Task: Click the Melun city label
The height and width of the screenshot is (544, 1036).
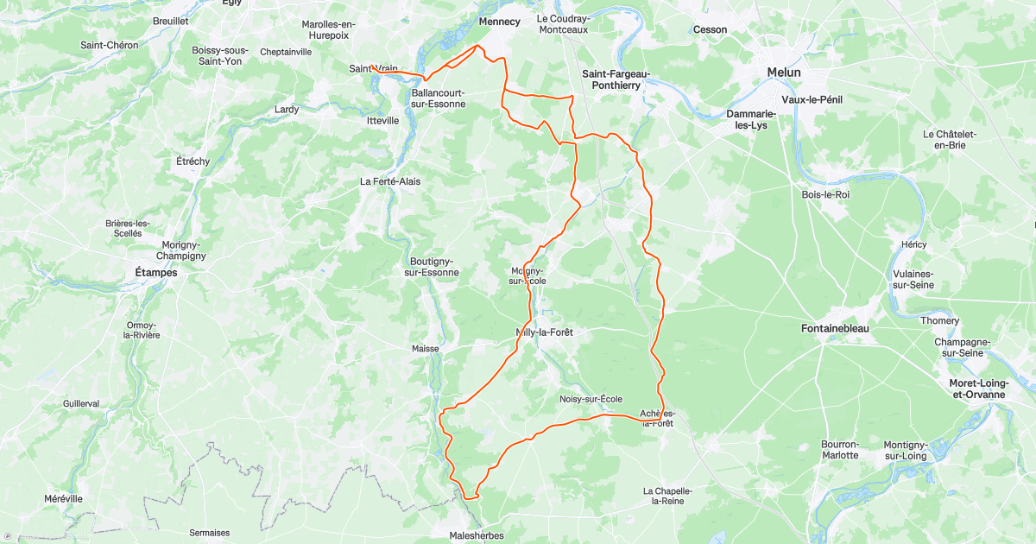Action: pyautogui.click(x=784, y=73)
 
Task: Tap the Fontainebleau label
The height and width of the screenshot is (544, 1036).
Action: pyautogui.click(x=834, y=329)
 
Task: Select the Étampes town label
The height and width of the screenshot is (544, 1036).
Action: pyautogui.click(x=155, y=273)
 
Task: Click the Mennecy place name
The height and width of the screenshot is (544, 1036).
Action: pyautogui.click(x=500, y=22)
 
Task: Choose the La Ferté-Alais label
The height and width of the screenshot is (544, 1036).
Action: pyautogui.click(x=390, y=182)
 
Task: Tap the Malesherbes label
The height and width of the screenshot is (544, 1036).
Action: pyautogui.click(x=476, y=535)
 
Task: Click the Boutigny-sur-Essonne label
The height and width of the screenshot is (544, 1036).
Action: pyautogui.click(x=432, y=267)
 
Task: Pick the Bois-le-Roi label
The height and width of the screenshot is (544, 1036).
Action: pyautogui.click(x=825, y=194)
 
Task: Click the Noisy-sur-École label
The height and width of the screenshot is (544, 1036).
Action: pyautogui.click(x=591, y=398)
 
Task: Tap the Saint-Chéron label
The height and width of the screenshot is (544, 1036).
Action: pyautogui.click(x=109, y=45)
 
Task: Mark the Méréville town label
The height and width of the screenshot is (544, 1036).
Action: pyautogui.click(x=63, y=499)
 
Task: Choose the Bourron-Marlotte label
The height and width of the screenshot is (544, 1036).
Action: pyautogui.click(x=839, y=449)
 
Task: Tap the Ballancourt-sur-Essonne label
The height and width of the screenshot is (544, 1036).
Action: pyautogui.click(x=438, y=98)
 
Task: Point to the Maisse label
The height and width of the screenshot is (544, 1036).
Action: pyautogui.click(x=425, y=349)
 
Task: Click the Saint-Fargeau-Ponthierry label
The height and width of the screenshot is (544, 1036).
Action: pyautogui.click(x=616, y=79)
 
